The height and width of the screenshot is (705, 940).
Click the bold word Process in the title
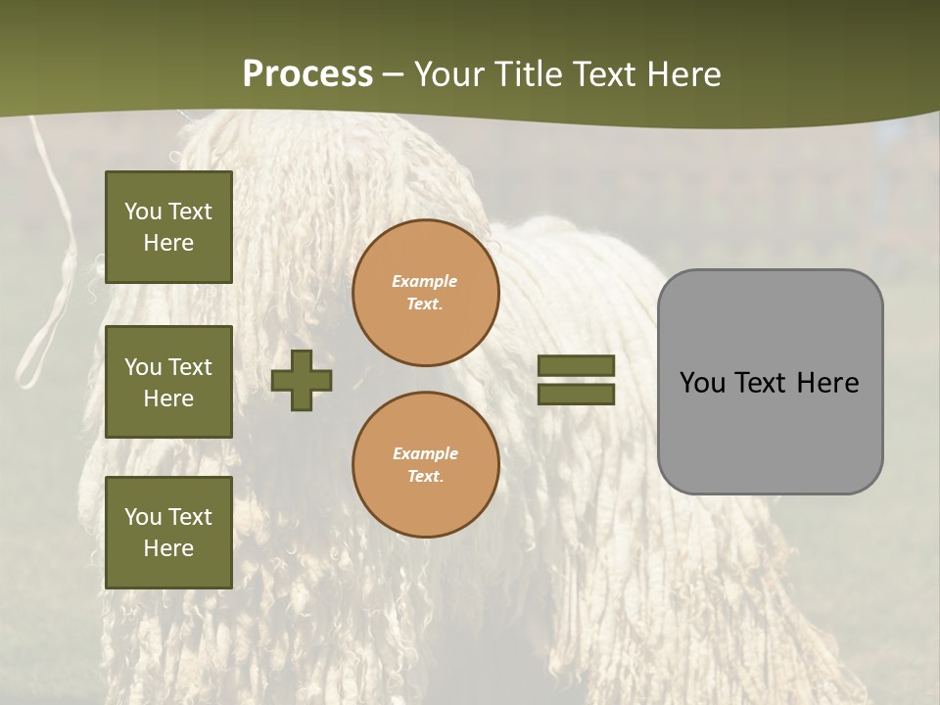point(307,74)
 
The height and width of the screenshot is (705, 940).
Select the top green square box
point(168,227)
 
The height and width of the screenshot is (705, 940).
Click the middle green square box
point(168,382)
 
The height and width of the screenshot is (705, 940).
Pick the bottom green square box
point(168,533)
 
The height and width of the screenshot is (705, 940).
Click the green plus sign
point(302,379)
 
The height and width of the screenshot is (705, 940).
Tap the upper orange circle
point(425,292)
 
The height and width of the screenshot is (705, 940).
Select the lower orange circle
point(425,464)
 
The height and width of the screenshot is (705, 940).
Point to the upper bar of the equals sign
point(576,365)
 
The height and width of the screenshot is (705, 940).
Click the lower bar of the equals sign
point(576,394)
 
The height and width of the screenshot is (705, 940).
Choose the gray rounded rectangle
point(770,382)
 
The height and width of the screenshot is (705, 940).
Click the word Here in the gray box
point(827,383)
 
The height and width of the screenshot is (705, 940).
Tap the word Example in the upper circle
point(425,281)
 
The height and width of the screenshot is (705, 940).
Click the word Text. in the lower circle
point(425,476)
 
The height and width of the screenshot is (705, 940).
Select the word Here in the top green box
point(168,243)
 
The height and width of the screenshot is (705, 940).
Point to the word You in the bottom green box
point(143,517)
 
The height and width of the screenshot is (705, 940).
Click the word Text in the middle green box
point(190,367)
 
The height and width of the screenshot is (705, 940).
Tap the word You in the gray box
point(702,383)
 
